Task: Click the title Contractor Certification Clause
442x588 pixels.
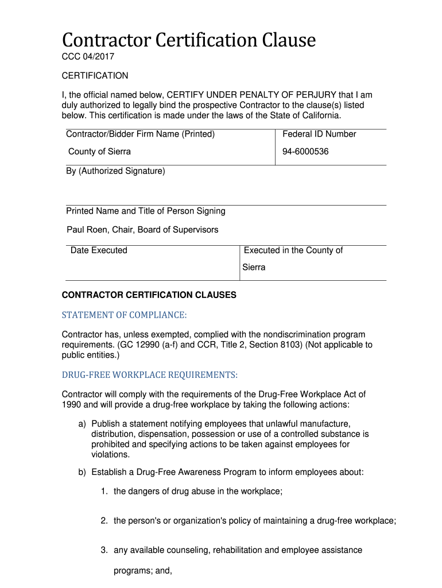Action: (189, 40)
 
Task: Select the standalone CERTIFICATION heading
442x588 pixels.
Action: (95, 76)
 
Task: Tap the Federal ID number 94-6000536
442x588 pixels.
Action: (305, 152)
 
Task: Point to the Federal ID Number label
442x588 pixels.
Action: (319, 134)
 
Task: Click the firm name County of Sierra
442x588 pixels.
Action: (99, 152)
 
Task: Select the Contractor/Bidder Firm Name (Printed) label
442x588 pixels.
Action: (140, 134)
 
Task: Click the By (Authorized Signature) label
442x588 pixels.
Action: (115, 171)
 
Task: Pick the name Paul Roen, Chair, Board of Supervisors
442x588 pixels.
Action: (142, 230)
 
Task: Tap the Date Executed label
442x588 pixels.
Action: (99, 250)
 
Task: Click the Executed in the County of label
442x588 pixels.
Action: (293, 250)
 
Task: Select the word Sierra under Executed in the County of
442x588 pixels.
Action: (254, 268)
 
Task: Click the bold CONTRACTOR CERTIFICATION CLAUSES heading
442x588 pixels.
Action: (149, 295)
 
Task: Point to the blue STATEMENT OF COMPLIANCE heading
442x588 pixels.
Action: (124, 315)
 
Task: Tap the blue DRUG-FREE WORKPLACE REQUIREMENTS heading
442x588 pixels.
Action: (149, 375)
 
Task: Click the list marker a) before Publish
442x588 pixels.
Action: (82, 424)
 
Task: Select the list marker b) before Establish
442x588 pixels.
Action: (82, 473)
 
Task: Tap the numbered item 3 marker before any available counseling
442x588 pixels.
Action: (104, 550)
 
